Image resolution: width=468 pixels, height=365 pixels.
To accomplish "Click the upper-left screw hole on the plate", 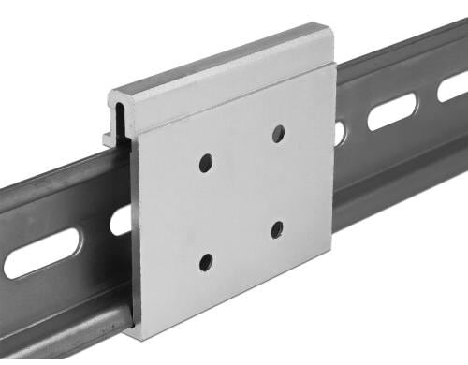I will point(206,163).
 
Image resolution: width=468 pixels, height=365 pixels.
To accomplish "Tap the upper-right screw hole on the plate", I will point(278,134).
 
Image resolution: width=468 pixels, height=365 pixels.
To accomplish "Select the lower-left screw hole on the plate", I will point(206,263).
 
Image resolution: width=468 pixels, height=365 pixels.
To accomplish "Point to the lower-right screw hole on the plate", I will point(277,229).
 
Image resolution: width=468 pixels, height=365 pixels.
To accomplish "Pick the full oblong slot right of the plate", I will point(391,112).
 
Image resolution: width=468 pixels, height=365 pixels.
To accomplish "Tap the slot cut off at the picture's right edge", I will point(454,86).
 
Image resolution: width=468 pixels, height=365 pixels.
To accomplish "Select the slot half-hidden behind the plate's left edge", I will point(120,221).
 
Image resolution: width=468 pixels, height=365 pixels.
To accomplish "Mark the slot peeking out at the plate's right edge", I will point(340,133).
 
